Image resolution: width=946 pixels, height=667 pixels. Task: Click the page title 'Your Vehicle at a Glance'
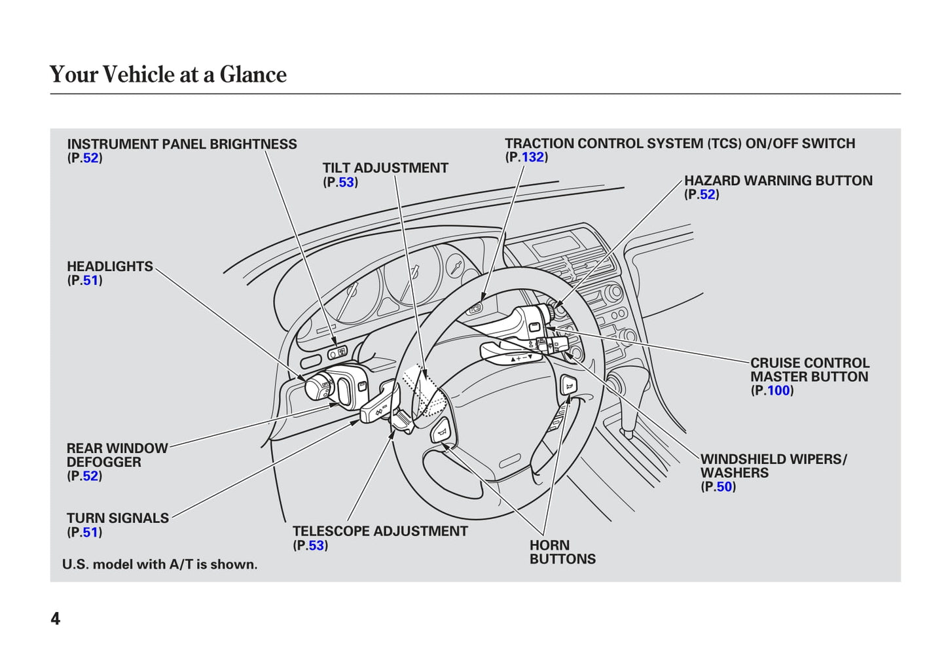coord(168,75)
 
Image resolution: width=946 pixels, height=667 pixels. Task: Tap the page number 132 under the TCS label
coord(532,157)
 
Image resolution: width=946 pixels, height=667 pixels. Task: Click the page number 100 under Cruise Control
coord(778,391)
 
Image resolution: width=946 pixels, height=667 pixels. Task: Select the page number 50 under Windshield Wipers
coord(723,487)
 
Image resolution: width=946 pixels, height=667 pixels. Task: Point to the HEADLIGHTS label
coord(109,266)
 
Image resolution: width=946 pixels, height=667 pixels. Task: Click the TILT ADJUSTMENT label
coord(385,168)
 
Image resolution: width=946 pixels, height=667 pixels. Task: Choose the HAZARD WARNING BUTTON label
coord(778,181)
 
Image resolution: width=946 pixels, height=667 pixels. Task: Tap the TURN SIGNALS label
coord(117,518)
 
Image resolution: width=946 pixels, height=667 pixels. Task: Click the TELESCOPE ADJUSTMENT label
coord(380,532)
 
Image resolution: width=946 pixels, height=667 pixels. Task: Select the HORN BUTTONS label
coord(562,552)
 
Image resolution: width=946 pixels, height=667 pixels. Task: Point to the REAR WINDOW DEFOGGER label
coord(117,455)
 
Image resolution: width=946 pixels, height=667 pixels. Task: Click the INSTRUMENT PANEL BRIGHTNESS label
coord(181,144)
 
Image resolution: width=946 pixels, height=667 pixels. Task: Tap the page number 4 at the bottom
coord(56,619)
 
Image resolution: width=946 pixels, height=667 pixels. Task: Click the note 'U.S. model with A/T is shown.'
coord(160,564)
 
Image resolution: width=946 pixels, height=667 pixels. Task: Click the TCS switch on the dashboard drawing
coord(475,308)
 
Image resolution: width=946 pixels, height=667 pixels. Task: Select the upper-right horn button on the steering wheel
coord(568,386)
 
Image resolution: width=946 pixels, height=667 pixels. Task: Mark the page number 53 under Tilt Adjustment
coord(346,183)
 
